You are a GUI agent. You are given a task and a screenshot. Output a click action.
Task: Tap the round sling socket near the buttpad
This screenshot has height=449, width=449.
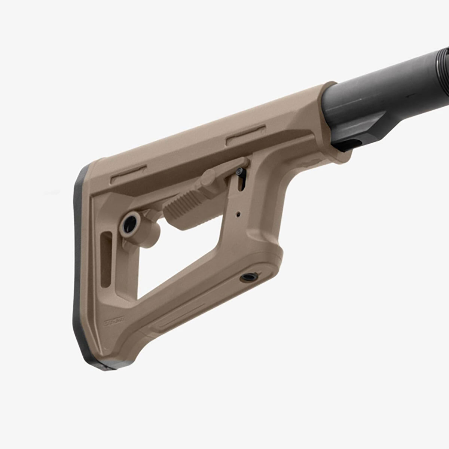[x=130, y=223]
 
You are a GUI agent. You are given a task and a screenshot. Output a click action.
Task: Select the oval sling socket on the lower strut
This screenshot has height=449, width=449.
[x=249, y=277]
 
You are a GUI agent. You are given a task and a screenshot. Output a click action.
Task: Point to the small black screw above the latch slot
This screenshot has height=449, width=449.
[x=239, y=171]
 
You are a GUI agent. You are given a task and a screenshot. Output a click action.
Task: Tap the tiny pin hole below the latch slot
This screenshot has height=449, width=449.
[x=238, y=214]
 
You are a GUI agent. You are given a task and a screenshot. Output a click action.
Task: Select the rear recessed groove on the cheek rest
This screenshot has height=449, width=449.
[x=128, y=174]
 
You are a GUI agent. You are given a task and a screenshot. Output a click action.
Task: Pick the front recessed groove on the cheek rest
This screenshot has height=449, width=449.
[x=245, y=135]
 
